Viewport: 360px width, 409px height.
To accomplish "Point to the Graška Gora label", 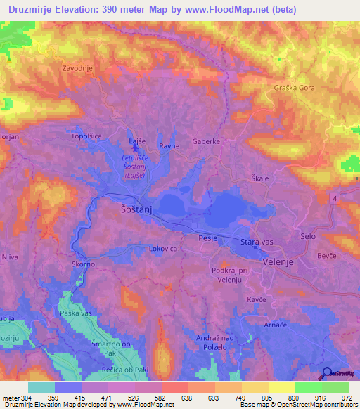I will [295, 89].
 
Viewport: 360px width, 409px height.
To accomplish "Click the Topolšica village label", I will [87, 136].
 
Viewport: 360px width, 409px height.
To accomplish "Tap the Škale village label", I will [260, 178].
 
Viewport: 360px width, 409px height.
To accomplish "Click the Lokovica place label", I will [166, 248].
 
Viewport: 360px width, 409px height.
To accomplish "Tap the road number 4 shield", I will [335, 200].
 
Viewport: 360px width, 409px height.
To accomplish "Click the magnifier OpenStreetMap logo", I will [328, 373].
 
